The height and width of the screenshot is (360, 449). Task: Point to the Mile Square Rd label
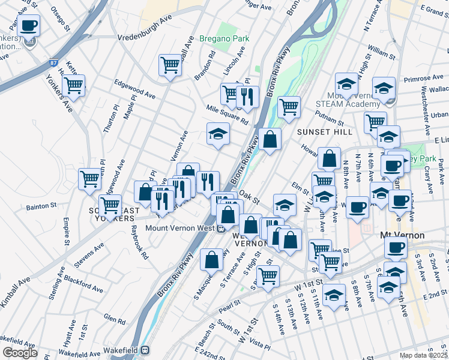pos(226,114)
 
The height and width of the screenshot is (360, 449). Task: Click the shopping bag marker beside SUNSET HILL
pos(271,140)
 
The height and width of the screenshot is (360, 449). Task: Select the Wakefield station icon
pos(145,350)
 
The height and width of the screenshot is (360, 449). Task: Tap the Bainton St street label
pos(41,205)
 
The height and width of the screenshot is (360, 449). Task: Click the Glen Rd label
pos(113,319)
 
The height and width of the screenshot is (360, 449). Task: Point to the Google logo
pos(19,353)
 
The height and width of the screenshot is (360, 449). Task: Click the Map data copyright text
pos(422,355)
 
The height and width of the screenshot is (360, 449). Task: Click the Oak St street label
pos(248,196)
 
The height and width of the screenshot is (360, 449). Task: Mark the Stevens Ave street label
pos(89,254)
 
